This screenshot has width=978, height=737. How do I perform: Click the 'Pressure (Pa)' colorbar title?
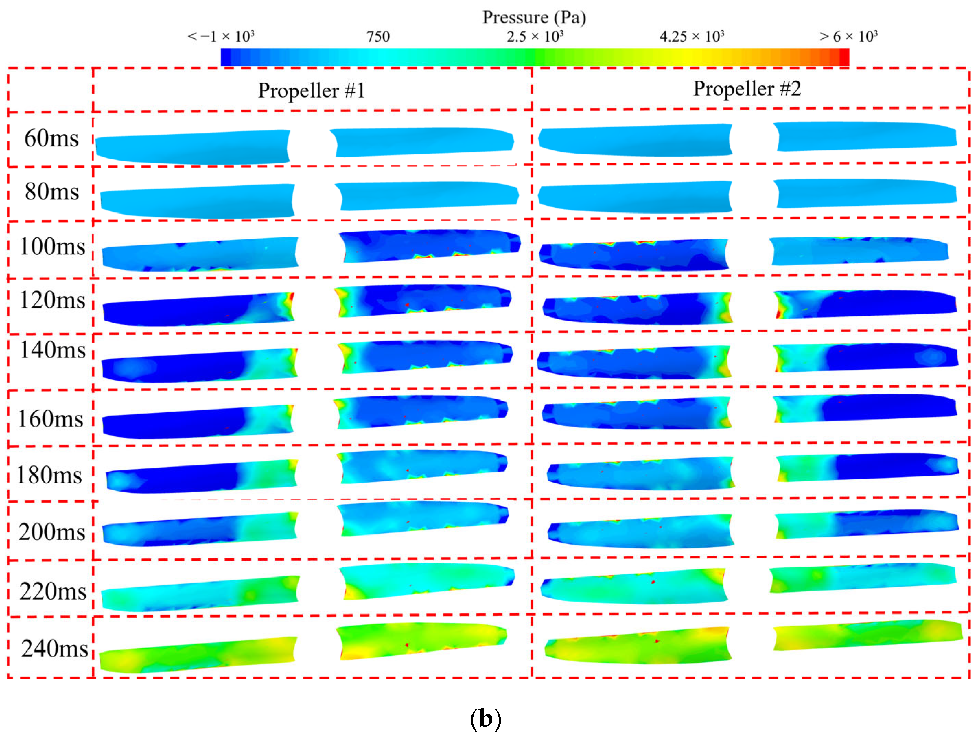click(x=534, y=18)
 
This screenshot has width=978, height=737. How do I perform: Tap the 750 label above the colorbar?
click(x=378, y=36)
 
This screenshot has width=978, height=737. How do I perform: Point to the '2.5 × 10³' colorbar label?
click(x=535, y=36)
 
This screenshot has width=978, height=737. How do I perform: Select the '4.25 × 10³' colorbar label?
click(x=691, y=36)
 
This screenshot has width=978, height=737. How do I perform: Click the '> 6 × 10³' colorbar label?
click(x=848, y=36)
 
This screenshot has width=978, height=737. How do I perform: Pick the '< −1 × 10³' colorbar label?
click(x=221, y=36)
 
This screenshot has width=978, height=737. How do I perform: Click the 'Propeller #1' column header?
click(x=312, y=91)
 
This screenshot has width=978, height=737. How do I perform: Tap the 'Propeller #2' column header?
click(x=747, y=89)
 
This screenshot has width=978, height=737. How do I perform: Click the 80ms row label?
click(x=52, y=192)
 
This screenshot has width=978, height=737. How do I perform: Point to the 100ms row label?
click(x=52, y=246)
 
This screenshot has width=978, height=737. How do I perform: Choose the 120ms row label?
click(x=52, y=300)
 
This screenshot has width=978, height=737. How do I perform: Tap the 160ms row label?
click(x=50, y=419)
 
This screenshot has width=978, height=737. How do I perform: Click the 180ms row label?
click(x=49, y=475)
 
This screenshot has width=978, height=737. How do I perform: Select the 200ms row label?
click(x=52, y=532)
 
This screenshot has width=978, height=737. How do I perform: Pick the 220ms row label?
click(x=53, y=591)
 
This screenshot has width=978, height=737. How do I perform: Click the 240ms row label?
click(x=54, y=649)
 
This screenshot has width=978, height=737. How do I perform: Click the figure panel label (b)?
click(x=486, y=719)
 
